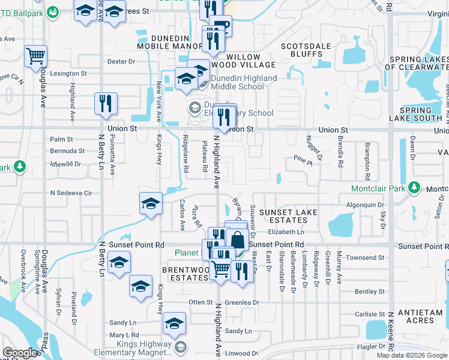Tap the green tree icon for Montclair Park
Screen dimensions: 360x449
click(413, 188)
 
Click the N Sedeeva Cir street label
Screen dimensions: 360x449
click(71, 193)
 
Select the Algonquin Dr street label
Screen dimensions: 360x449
click(366, 205)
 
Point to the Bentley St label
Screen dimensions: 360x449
click(369, 292)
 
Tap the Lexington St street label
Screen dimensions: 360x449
click(68, 73)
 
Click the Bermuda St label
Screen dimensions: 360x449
click(68, 151)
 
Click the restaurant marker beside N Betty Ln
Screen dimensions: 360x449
click(106, 102)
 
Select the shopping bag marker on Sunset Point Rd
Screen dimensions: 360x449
click(238, 238)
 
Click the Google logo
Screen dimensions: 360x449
click(20, 353)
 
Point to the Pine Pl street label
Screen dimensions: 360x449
click(303, 160)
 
